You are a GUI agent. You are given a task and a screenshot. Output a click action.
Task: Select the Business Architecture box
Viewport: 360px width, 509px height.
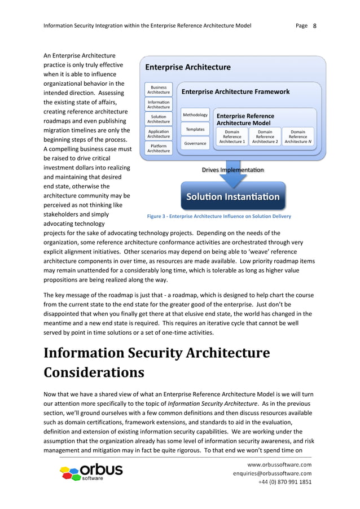point(159,90)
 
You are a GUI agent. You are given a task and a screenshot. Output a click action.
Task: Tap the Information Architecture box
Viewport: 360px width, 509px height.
point(159,104)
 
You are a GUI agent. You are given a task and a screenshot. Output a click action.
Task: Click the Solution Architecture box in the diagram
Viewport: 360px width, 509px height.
point(159,119)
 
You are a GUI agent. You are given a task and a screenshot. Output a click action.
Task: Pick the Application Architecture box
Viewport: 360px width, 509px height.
point(159,134)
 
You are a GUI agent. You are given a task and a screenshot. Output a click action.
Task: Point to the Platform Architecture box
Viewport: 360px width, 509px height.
point(159,148)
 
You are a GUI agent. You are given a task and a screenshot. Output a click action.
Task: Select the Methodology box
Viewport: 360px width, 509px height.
point(195,115)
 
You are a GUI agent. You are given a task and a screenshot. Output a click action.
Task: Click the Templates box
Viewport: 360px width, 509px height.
point(195,129)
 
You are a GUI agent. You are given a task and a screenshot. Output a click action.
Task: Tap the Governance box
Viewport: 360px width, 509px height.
point(195,143)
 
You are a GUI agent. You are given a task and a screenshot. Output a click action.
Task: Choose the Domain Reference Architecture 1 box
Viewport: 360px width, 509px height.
point(232,137)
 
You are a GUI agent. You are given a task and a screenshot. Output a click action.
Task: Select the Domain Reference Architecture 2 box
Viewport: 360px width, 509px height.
point(265,137)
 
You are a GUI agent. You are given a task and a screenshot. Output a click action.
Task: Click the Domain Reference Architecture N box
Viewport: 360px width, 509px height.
point(297,137)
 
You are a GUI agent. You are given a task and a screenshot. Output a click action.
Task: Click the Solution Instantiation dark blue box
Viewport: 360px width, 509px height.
point(233,197)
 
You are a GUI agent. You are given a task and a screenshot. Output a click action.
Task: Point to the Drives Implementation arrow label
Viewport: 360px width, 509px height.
point(232,170)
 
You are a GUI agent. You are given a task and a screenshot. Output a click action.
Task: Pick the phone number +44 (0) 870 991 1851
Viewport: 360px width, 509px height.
point(284,482)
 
